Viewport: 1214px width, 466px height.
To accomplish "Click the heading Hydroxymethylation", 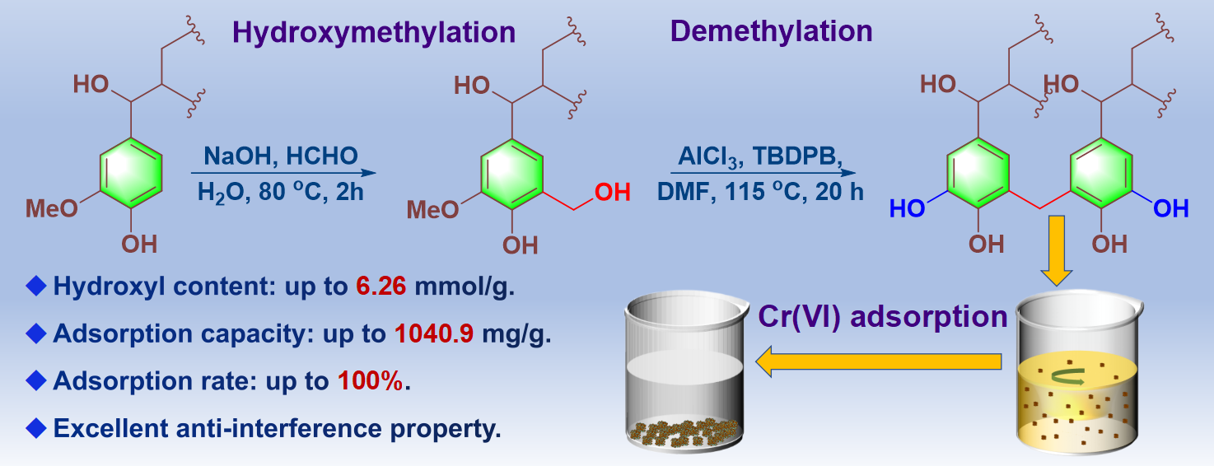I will tap(374, 32).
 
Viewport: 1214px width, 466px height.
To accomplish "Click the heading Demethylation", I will tap(771, 30).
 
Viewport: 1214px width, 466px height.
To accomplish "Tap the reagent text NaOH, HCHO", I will tap(281, 156).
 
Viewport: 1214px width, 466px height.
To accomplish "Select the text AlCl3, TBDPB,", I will tap(761, 156).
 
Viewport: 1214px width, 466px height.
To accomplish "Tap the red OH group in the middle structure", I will tap(612, 193).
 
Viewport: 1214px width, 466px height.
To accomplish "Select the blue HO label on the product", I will tap(907, 209).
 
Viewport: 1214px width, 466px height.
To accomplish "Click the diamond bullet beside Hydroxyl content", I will tap(35, 287).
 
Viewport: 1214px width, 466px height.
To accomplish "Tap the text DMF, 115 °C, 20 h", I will tap(761, 191).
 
